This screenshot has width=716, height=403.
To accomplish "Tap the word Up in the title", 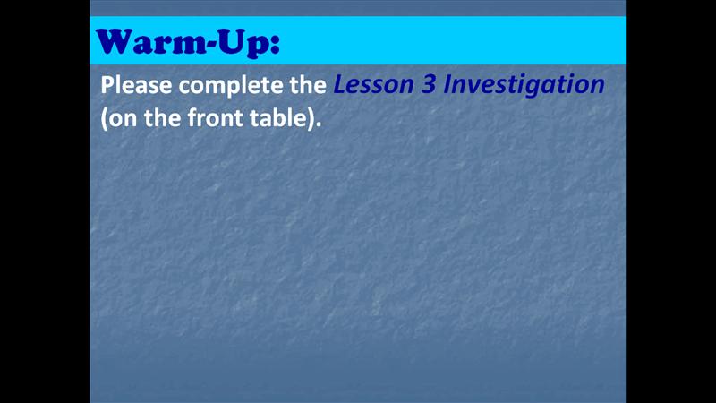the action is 243,44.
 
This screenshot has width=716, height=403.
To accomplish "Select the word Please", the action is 137,85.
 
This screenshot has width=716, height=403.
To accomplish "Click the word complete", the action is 231,86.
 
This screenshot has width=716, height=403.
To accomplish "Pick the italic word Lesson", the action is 373,85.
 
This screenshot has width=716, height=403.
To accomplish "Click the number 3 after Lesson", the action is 429,85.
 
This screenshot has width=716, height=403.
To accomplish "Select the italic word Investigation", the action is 524,86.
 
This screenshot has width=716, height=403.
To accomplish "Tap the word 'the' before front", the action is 162,118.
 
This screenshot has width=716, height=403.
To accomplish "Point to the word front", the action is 215,118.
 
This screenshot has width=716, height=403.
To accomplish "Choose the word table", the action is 278,118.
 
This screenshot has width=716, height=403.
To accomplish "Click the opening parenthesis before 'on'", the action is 104,120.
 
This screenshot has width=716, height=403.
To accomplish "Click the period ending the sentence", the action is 319,125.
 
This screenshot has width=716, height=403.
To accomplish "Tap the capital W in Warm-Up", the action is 115,42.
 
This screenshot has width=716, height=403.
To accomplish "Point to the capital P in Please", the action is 107,85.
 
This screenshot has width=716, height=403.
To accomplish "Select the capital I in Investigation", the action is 448,85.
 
